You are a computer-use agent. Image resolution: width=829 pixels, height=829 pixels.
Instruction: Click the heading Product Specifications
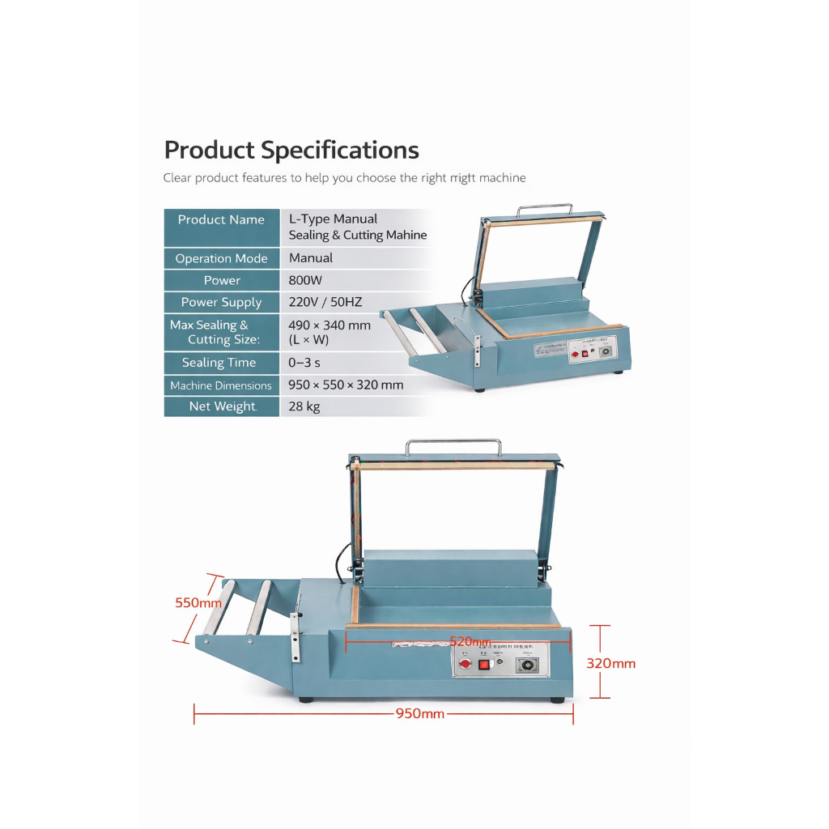291,151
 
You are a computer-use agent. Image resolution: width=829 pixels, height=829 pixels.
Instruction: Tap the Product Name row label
221,220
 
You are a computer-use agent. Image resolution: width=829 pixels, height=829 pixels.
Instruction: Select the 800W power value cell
305,280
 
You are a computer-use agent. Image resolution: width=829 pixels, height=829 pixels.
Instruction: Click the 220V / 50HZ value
325,302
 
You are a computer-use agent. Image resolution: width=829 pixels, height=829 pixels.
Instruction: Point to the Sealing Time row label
219,363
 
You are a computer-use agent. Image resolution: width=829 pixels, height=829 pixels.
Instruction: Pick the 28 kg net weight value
304,406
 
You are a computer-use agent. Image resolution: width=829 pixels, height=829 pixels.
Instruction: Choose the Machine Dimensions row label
221,385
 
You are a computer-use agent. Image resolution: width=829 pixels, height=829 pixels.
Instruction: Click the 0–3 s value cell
304,363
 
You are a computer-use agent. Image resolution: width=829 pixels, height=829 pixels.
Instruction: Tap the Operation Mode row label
221,258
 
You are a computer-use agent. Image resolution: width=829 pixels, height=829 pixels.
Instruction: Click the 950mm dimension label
420,714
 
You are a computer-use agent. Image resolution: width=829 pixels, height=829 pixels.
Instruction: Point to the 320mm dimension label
610,663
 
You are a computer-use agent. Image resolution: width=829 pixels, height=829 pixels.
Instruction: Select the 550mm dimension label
198,602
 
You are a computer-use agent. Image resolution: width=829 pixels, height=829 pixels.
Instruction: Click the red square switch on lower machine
484,665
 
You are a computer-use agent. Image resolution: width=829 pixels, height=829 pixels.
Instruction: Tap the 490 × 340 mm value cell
329,332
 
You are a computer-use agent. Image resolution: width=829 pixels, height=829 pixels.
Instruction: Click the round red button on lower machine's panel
464,663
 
